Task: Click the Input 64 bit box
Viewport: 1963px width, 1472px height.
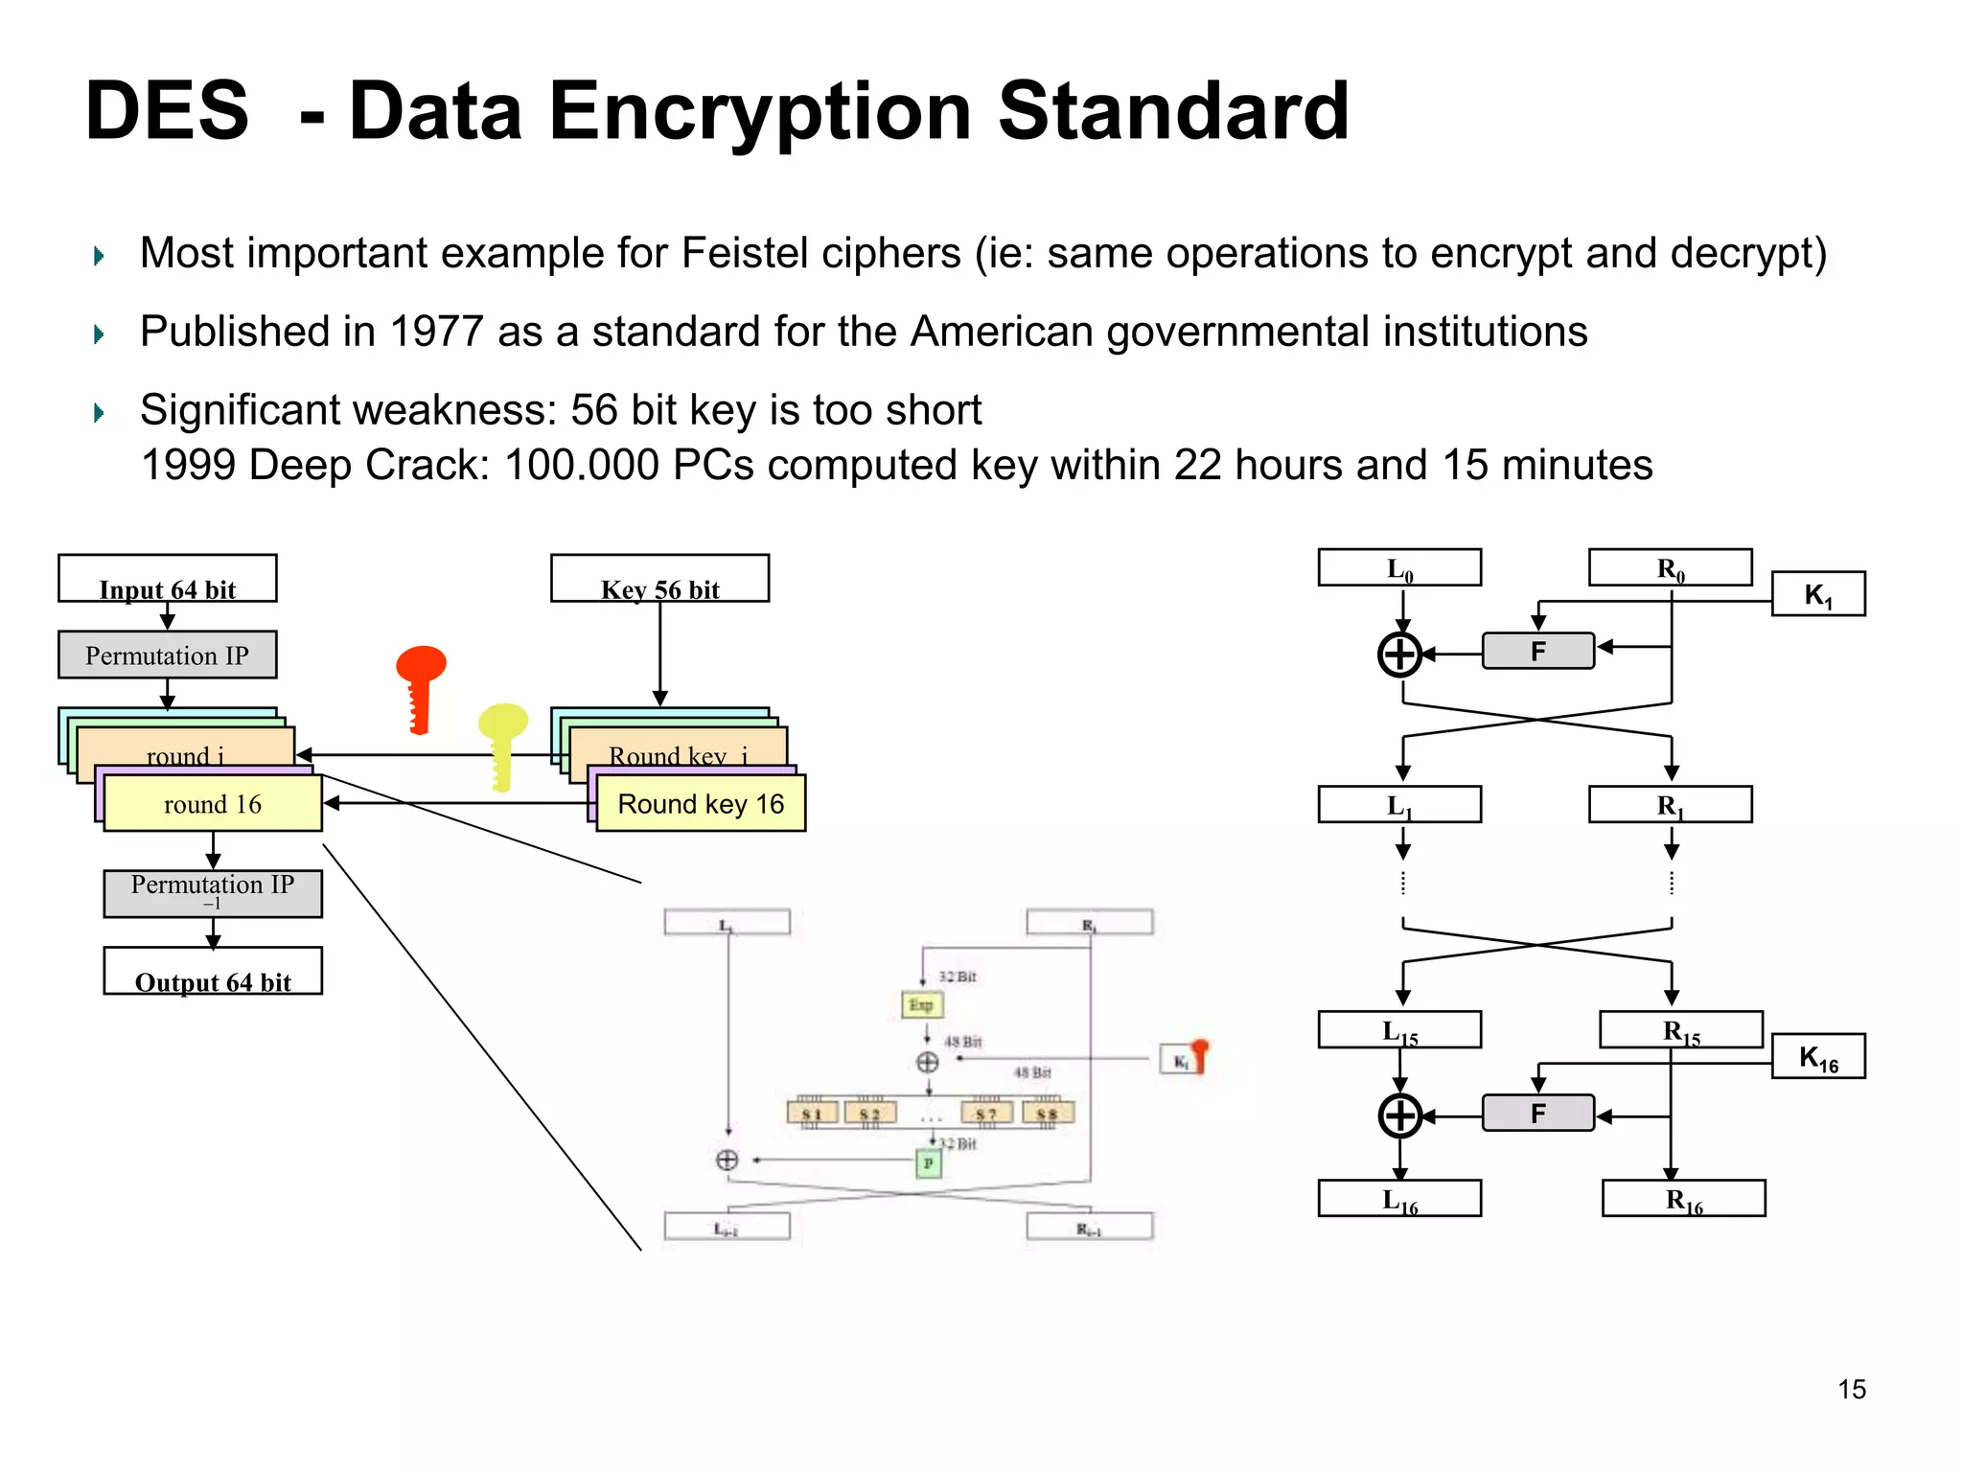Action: (167, 578)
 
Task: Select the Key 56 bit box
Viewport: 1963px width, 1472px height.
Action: (659, 578)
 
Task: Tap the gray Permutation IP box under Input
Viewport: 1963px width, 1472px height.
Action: (167, 655)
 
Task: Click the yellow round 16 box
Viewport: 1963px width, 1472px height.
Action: (213, 803)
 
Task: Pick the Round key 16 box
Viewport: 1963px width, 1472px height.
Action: (701, 803)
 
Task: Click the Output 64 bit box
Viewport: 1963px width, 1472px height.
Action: (213, 971)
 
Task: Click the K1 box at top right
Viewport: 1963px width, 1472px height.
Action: (1817, 594)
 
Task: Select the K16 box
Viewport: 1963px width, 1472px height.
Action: (1817, 1056)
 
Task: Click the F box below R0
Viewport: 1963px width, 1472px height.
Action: (1537, 651)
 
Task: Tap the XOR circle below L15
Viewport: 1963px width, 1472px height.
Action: (1399, 1115)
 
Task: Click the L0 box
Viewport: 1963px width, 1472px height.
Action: (1399, 567)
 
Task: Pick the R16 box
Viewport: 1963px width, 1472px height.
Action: (1683, 1198)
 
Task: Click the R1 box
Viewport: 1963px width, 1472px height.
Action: (1670, 804)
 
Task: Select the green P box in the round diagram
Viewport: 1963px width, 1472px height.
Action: (928, 1163)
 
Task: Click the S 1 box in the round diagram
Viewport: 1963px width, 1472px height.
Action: (812, 1113)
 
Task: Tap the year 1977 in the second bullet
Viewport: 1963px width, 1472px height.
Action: (436, 332)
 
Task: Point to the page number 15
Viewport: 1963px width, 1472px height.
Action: (1851, 1389)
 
